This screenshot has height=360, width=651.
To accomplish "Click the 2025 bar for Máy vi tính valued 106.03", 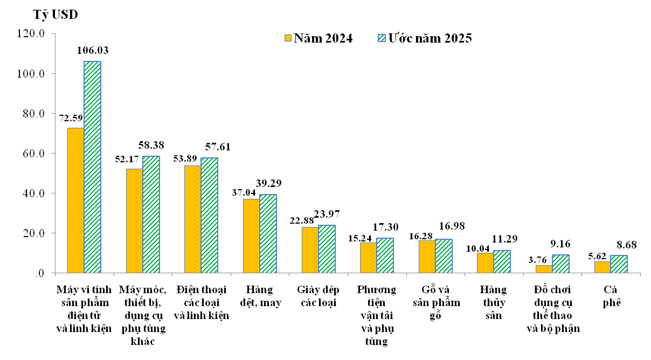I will coord(92,167).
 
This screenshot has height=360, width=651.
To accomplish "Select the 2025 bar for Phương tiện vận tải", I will coord(385,255).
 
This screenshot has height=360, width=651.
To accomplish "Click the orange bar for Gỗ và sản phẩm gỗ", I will coord(427,257).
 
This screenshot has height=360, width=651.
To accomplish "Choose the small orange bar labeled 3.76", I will coord(544,269).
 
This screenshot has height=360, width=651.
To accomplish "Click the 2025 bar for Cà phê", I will coord(619,264).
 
